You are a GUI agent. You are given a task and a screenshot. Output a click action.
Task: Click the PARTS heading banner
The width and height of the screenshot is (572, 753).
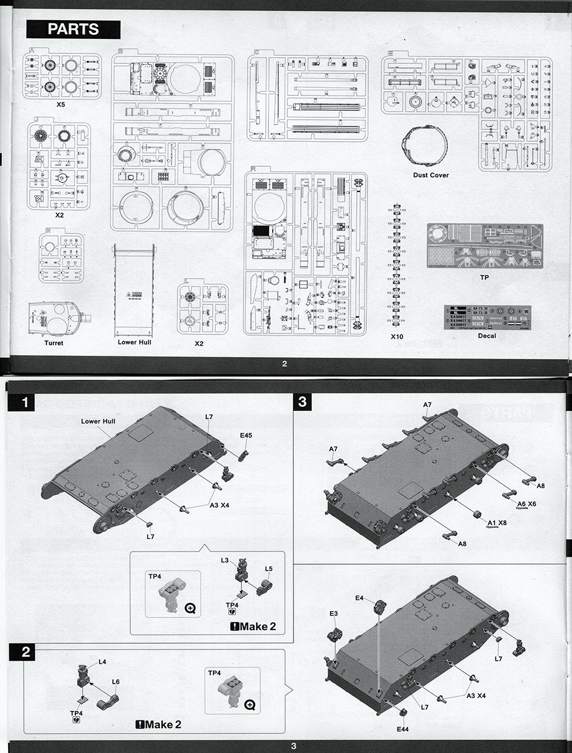73,29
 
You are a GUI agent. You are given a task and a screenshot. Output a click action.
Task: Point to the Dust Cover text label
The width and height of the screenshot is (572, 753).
430,175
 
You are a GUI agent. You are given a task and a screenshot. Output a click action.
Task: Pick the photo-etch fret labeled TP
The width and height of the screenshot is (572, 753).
484,245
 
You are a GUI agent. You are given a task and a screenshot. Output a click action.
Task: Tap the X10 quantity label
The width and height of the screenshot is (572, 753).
396,336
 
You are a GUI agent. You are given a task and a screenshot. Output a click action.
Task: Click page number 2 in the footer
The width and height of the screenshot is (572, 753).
284,364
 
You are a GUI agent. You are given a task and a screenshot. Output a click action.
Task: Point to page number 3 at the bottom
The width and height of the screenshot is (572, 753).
293,745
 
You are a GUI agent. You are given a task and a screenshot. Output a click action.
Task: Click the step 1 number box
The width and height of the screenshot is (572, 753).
25,402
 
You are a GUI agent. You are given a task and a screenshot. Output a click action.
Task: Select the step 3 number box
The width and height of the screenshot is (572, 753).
302,402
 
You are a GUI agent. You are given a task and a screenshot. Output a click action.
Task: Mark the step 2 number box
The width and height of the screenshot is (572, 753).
25,652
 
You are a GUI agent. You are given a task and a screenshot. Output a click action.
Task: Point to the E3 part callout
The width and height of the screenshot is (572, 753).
334,613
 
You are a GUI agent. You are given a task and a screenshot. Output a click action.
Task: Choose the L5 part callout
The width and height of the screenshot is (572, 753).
268,569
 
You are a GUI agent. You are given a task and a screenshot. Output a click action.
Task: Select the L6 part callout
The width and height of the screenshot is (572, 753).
115,681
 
